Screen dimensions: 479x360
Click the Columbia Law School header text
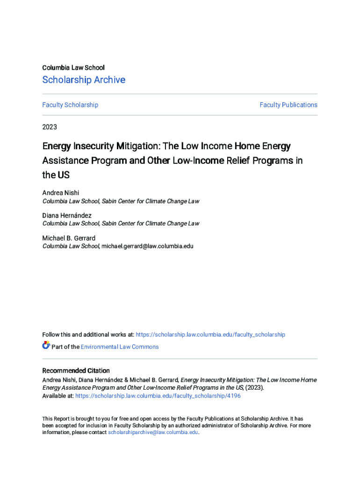[x=73, y=68]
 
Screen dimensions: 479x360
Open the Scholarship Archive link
[x=84, y=80]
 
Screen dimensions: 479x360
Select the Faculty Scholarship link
[x=70, y=105]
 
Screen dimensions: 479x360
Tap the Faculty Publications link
[x=288, y=105]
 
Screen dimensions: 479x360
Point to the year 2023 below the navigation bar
[x=50, y=127]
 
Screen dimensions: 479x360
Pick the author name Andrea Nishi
[x=61, y=193]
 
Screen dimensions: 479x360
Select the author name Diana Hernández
[x=67, y=216]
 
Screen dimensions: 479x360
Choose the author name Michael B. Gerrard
[x=69, y=238]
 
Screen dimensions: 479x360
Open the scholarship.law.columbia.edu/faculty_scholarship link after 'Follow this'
[x=210, y=335]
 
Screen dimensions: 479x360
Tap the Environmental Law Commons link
[x=120, y=347]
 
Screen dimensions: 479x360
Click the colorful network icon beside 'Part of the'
[x=46, y=346]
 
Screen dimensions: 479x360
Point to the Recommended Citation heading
[x=76, y=371]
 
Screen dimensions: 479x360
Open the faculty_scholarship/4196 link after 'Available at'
[x=158, y=396]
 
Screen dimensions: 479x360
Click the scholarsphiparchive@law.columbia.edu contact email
[x=153, y=433]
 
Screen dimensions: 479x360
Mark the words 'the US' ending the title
[x=56, y=175]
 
